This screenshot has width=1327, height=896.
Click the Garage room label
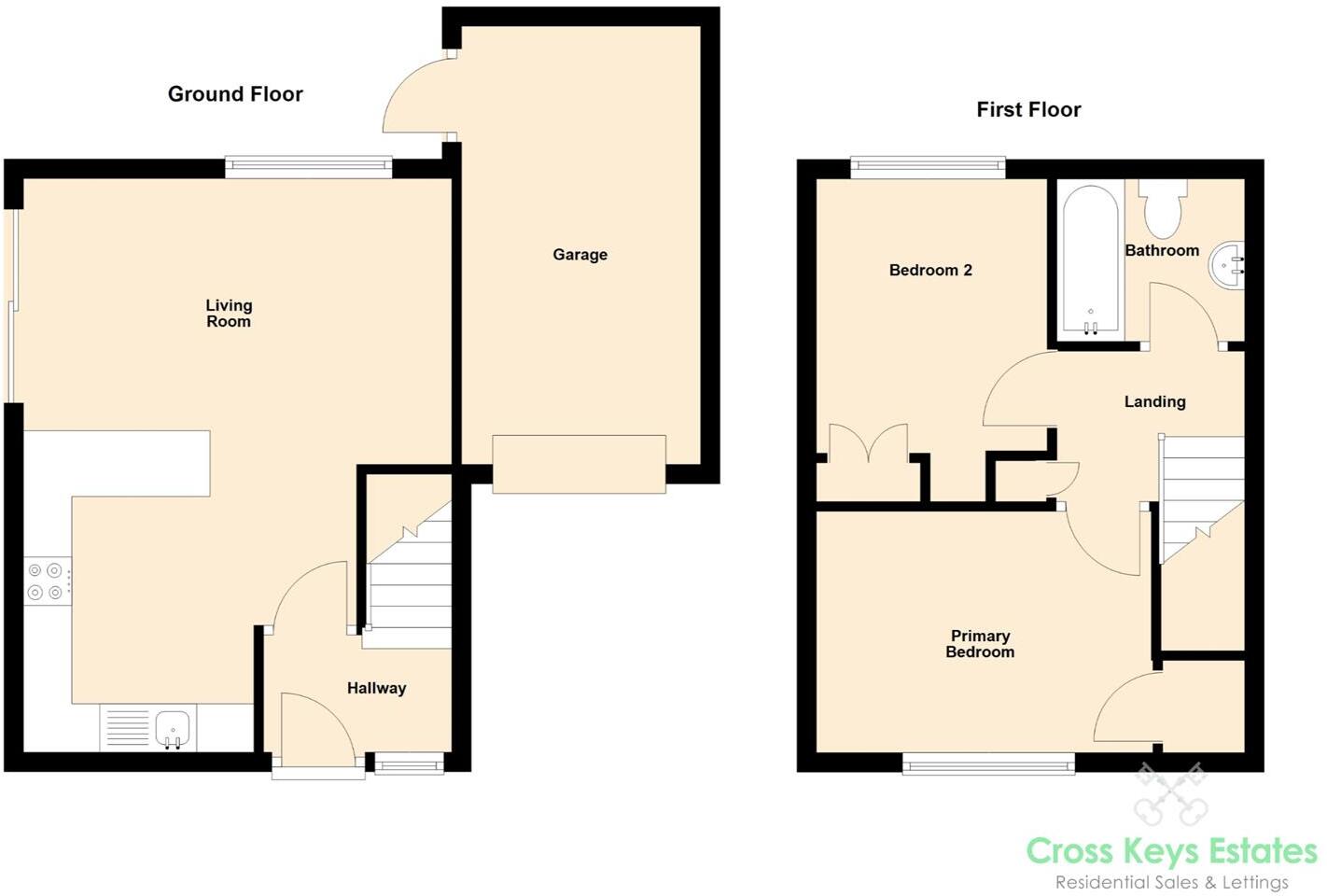point(580,254)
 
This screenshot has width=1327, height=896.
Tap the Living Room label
point(229,313)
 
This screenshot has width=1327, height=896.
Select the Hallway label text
point(376,688)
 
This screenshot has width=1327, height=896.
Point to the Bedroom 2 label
point(930,270)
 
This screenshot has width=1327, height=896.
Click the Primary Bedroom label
point(980,643)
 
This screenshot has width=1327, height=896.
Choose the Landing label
point(1154,401)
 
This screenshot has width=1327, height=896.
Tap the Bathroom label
point(1162,250)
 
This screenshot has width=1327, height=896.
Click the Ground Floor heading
point(235,93)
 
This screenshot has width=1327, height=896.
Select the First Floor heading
point(1028,109)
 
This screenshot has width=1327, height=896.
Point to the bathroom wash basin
point(1227,264)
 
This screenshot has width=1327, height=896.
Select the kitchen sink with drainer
point(147,728)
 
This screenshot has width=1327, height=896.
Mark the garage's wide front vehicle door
point(579,464)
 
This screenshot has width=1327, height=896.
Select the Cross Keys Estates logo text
point(1171,851)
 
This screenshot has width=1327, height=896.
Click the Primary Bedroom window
point(988,765)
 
